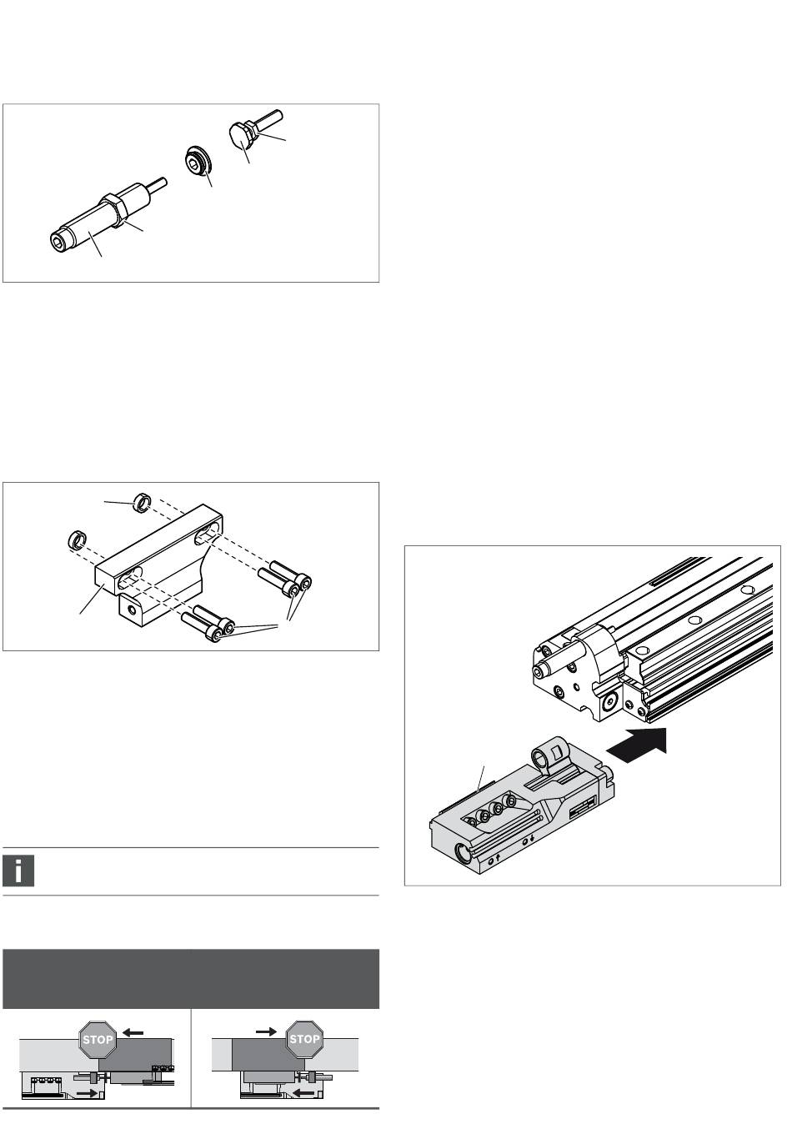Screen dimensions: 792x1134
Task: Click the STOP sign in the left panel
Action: coord(98,1040)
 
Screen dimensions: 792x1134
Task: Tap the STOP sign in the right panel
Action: coord(304,1040)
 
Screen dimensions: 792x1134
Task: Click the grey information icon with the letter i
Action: coord(18,871)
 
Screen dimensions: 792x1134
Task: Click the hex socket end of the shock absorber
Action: coord(58,242)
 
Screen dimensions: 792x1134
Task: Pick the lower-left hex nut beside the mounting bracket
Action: coord(77,539)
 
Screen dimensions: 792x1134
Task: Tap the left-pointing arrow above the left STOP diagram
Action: coord(133,1033)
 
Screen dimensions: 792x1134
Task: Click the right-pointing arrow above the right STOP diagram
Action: coord(266,1031)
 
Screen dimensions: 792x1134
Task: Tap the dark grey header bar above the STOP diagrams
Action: coord(191,979)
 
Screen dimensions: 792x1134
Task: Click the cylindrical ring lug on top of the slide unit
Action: coord(544,755)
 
